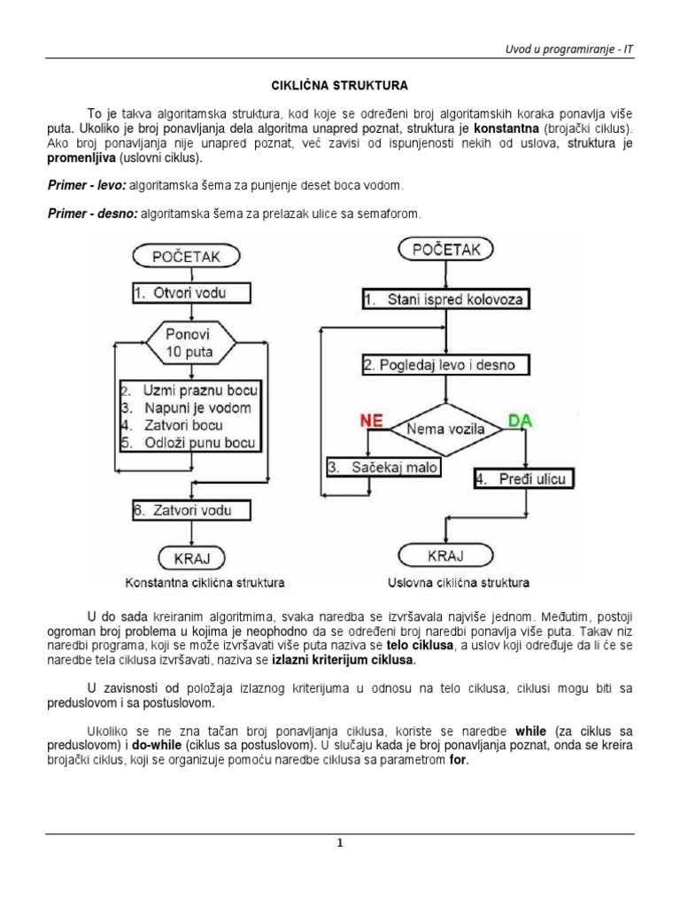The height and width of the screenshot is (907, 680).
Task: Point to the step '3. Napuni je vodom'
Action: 188,408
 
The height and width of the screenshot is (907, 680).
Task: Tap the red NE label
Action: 371,422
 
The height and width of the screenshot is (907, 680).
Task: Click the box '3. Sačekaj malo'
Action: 382,468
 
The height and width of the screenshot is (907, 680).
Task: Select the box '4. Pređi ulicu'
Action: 522,479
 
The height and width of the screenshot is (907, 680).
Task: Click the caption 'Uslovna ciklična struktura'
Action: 458,583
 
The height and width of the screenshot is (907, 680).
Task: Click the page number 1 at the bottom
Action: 339,843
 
